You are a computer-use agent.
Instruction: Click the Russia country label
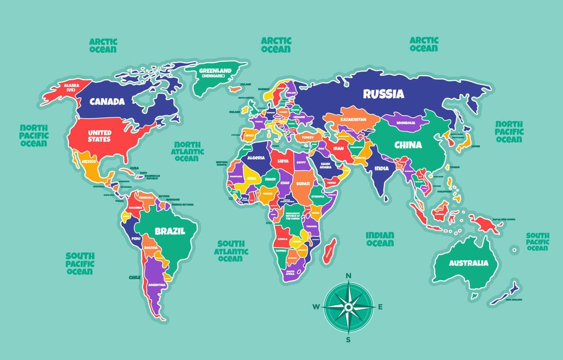(383, 94)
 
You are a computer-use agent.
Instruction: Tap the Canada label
(107, 101)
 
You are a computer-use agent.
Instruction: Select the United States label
(99, 136)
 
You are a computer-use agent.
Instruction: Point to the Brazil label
(170, 231)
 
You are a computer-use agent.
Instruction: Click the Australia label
(468, 263)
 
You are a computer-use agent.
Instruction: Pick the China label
(408, 145)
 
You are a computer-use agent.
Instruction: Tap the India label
(381, 168)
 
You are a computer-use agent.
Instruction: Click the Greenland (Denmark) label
(216, 73)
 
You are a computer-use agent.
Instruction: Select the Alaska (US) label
(71, 87)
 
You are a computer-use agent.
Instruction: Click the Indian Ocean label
(380, 239)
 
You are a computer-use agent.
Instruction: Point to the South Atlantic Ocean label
(231, 251)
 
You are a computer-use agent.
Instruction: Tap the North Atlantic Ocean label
(188, 152)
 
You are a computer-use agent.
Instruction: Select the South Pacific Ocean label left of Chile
(80, 263)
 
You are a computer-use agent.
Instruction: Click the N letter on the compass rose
(348, 276)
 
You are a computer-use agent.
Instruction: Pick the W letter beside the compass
(316, 308)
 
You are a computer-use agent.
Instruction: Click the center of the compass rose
(348, 307)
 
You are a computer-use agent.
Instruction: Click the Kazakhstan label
(353, 119)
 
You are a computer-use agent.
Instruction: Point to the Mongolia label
(406, 123)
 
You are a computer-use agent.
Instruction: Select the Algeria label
(256, 158)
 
